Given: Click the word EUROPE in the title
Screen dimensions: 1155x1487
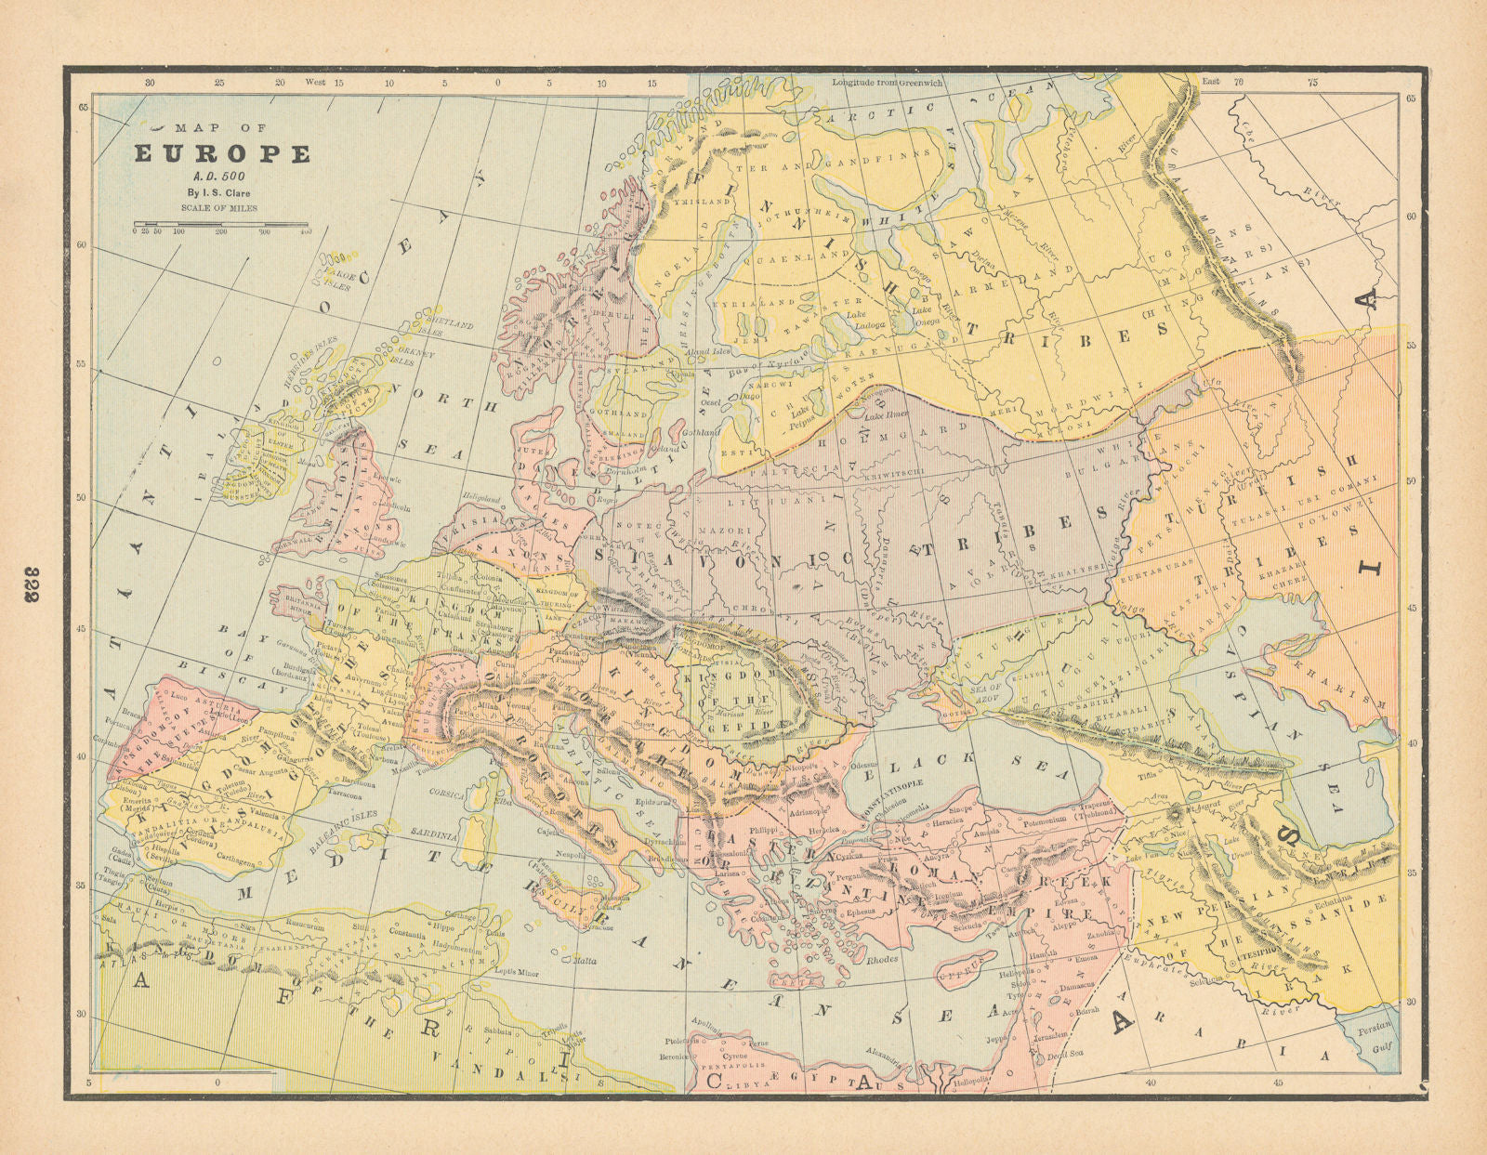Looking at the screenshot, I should pos(222,154).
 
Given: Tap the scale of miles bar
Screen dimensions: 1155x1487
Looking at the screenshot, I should pos(221,224).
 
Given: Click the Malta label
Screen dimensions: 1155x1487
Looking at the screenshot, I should pos(584,962).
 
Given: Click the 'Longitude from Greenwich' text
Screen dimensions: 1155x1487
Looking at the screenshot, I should pos(887,83).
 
